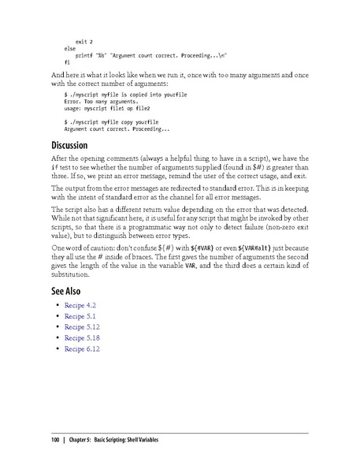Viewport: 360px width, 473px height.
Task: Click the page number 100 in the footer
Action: (55, 439)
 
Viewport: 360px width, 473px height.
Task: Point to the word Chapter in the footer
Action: (78, 439)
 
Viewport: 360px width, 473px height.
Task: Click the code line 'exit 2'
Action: (84, 39)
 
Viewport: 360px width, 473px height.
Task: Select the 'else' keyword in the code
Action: (70, 47)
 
